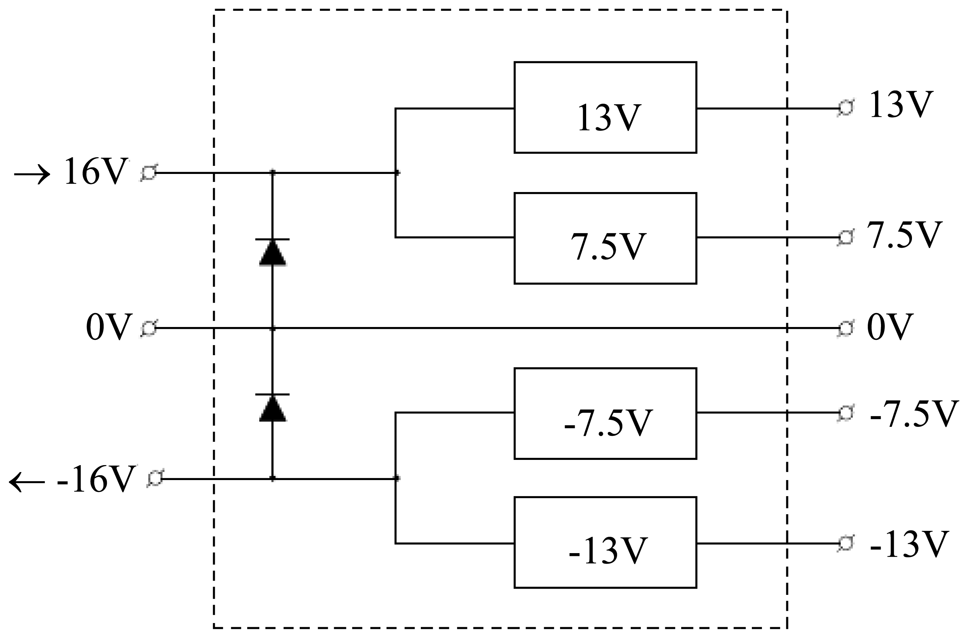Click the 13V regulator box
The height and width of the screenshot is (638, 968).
point(605,107)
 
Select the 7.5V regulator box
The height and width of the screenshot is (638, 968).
point(605,238)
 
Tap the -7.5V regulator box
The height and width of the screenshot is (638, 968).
point(605,414)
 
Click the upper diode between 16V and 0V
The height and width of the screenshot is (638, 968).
point(272,252)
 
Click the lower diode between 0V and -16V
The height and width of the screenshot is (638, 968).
point(272,407)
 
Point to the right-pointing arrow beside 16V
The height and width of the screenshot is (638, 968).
point(32,175)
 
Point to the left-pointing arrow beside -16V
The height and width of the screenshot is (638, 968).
point(27,482)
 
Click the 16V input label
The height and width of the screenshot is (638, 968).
point(96,172)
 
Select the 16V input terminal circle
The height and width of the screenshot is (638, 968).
point(149,173)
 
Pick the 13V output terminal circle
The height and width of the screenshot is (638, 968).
point(845,108)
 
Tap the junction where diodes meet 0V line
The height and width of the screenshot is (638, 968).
point(272,328)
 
